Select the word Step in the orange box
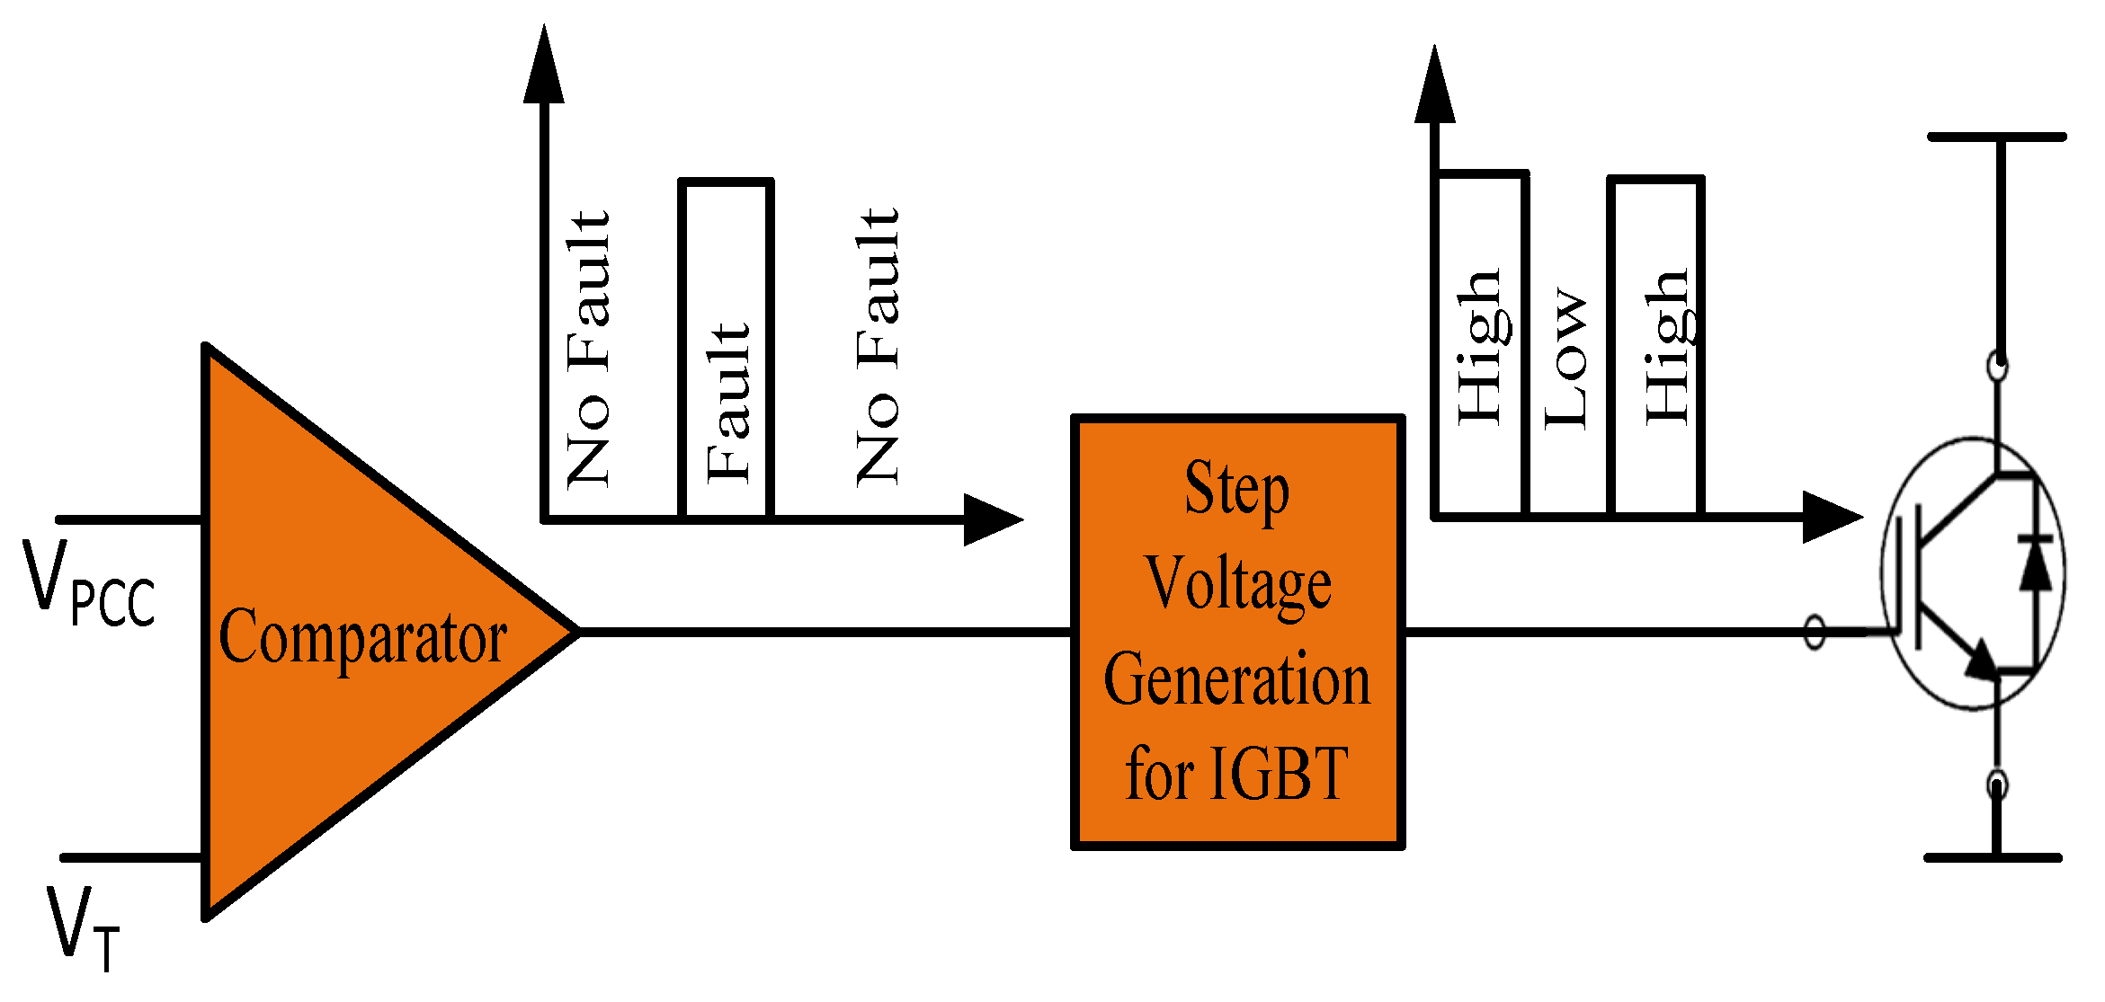(1236, 490)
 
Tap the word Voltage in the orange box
(1237, 584)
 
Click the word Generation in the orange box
(1237, 680)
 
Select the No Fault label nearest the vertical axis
(589, 350)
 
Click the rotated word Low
(1565, 359)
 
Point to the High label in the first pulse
(1479, 346)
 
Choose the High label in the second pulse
(1668, 346)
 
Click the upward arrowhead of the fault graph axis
(544, 67)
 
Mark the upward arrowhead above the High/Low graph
(1434, 87)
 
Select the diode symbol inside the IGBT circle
(2035, 563)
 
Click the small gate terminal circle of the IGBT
(1815, 632)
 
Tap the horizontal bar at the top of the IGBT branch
(1996, 137)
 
